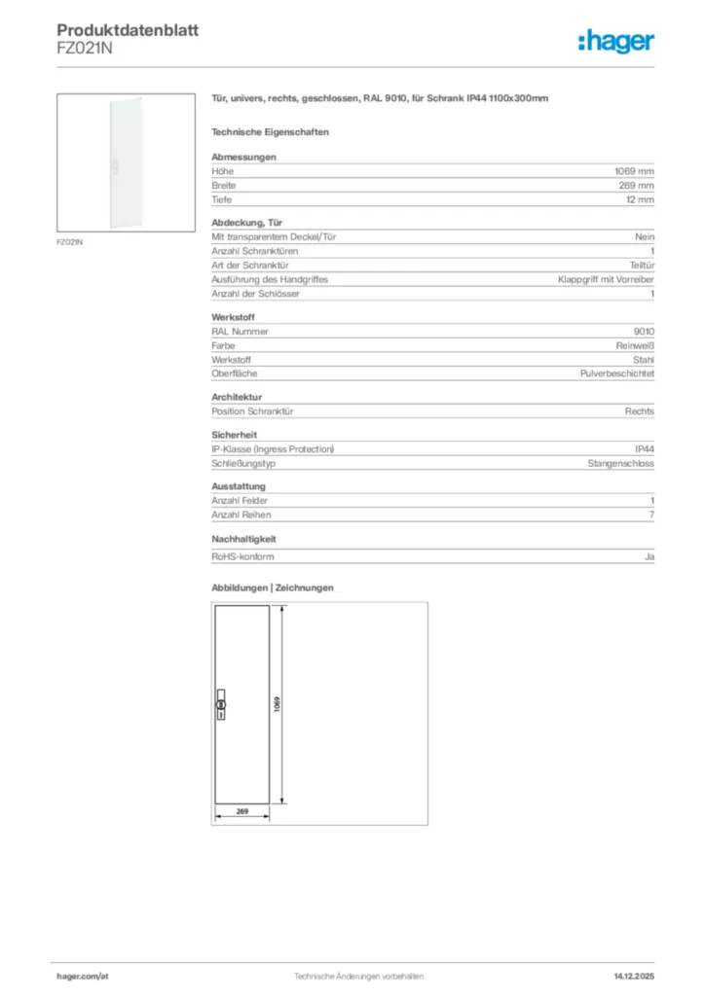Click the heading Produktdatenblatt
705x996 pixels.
click(128, 31)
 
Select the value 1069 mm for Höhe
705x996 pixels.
click(634, 171)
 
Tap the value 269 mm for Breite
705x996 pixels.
click(637, 185)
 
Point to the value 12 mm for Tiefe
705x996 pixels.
click(640, 199)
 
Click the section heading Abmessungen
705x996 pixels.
click(243, 157)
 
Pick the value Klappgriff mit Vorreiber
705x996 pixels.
click(606, 279)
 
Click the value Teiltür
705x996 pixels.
click(642, 265)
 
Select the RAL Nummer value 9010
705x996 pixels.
click(644, 331)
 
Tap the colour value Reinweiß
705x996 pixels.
click(635, 345)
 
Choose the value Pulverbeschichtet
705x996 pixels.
click(617, 373)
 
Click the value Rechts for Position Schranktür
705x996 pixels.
click(640, 411)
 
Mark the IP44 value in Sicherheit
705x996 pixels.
click(644, 449)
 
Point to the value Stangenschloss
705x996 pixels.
click(620, 463)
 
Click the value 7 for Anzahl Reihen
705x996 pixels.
click(651, 515)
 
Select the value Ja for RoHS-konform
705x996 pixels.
click(649, 556)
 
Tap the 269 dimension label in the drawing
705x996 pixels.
click(242, 810)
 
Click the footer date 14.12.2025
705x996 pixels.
click(634, 975)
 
